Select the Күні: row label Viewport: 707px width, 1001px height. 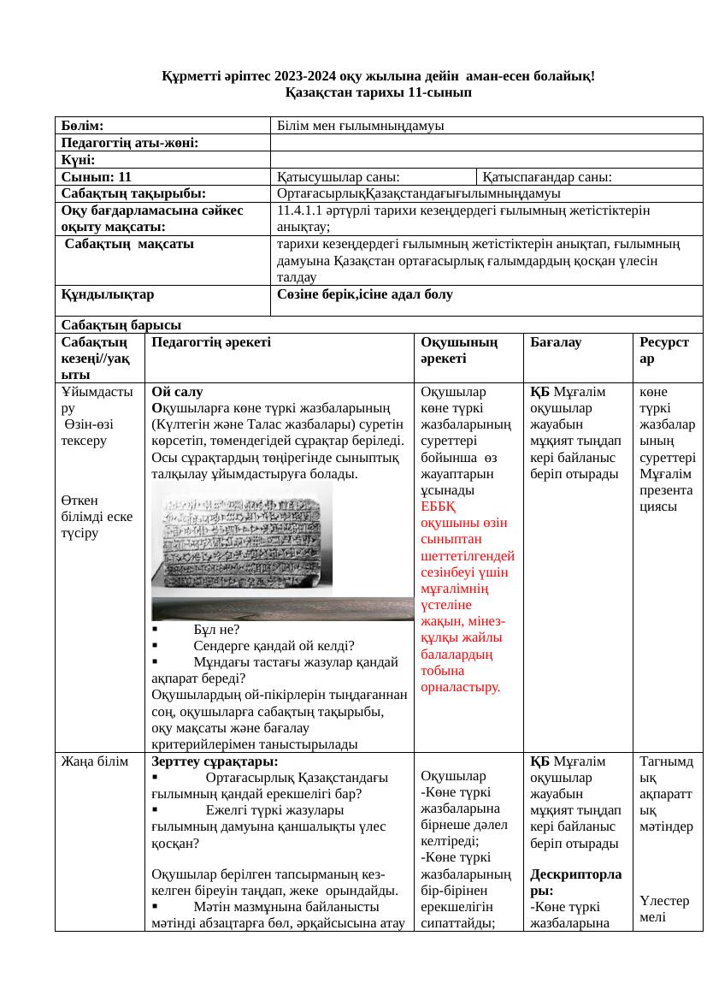(x=77, y=159)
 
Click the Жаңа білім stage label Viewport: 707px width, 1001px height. (x=93, y=760)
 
